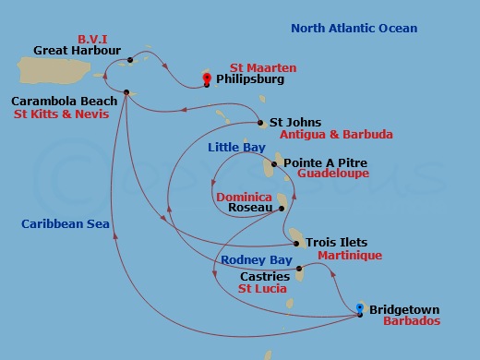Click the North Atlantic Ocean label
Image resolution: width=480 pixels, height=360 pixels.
click(354, 29)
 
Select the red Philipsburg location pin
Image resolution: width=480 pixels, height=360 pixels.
click(208, 79)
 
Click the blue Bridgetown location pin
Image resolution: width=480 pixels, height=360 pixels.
click(360, 309)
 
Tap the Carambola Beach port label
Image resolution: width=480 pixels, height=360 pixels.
click(65, 101)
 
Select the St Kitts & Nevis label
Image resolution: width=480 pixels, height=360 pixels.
click(61, 114)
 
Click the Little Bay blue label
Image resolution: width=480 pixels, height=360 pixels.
click(236, 148)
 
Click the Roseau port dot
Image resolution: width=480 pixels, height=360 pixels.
click(282, 209)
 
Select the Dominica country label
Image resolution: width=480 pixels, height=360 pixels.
click(244, 198)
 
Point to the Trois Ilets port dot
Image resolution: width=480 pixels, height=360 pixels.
click(296, 244)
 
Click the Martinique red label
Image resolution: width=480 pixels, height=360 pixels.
click(349, 256)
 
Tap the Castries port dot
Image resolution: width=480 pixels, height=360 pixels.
click(299, 270)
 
